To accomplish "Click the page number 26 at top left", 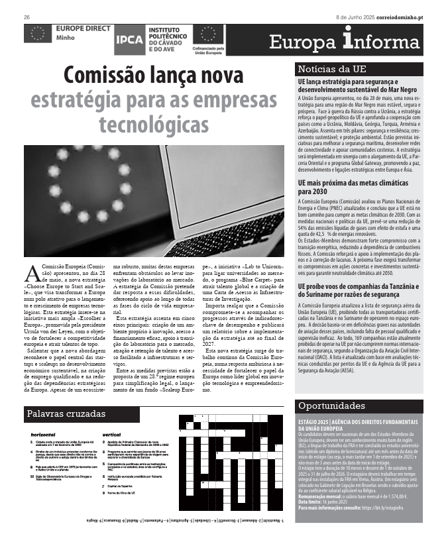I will (x=27, y=17).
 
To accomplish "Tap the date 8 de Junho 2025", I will (x=359, y=17).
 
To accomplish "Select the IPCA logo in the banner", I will (x=128, y=40).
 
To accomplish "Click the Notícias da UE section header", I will (x=332, y=70).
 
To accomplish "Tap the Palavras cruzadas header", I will (x=66, y=414).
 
